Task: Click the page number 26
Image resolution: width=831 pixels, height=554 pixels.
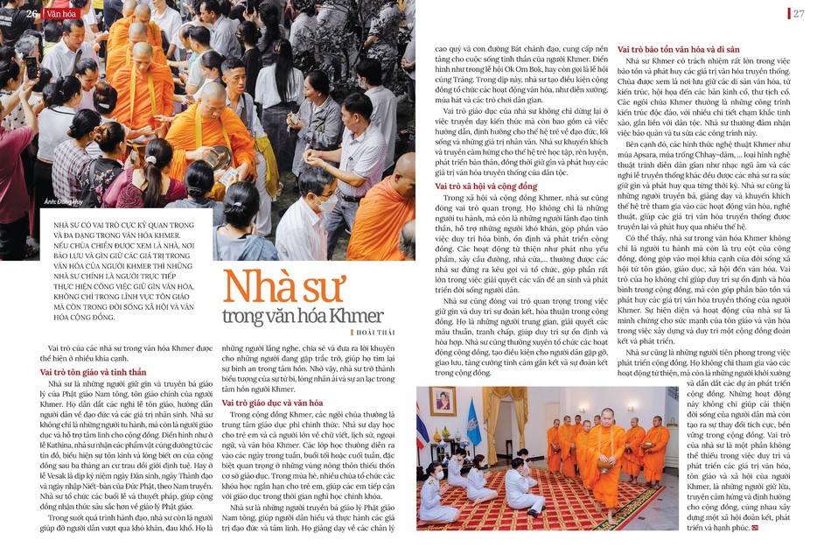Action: point(31,13)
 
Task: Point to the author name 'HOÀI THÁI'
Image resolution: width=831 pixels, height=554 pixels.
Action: point(376,333)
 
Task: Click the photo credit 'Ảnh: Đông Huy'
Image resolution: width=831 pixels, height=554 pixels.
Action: point(66,201)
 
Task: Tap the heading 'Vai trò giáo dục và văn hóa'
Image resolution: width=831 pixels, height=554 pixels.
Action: point(270,403)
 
